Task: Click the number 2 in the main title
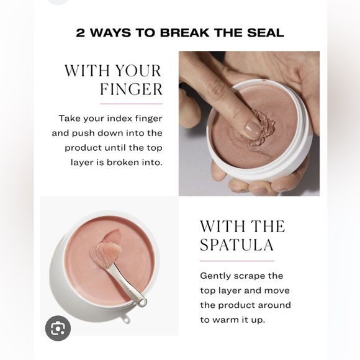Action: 80,33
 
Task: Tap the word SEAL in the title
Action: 266,33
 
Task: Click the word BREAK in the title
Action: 184,33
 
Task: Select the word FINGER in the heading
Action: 132,89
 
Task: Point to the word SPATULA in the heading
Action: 236,245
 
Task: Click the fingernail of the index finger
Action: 253,130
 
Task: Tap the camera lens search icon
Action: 58,328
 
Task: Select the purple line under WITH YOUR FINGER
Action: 132,104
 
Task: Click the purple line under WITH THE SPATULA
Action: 237,261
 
